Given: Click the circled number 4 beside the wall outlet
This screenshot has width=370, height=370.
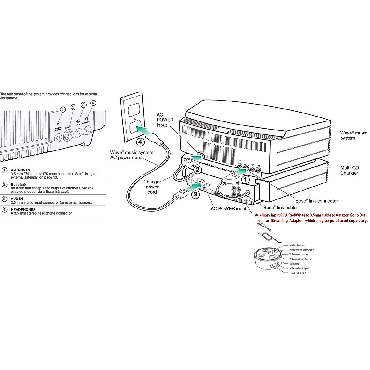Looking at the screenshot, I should point(140,142).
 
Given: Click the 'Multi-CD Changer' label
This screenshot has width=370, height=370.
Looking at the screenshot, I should point(349,170).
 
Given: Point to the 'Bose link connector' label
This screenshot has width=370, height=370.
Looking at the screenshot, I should point(317,201).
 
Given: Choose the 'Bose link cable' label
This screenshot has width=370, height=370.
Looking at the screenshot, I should point(280,208).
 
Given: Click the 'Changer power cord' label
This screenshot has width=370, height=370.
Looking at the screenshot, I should point(152,187).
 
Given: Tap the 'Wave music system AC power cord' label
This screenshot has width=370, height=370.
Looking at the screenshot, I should point(132,155).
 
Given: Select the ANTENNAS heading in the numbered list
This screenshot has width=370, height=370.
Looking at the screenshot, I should point(20,170).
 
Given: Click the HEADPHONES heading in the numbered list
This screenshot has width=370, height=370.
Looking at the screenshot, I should point(23,210).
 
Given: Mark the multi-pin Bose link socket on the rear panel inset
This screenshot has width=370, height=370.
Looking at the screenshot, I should point(68,135).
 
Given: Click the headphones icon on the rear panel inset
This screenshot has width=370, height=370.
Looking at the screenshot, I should point(87,119).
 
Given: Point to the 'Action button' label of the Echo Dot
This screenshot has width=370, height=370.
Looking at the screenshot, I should point(297,245).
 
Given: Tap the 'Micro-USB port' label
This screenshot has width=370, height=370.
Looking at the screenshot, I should point(298,273).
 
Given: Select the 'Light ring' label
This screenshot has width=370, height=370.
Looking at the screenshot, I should point(294,264).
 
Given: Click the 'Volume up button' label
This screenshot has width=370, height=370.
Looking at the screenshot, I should point(299,254).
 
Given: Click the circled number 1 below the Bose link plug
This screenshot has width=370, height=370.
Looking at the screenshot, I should point(245,179).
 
